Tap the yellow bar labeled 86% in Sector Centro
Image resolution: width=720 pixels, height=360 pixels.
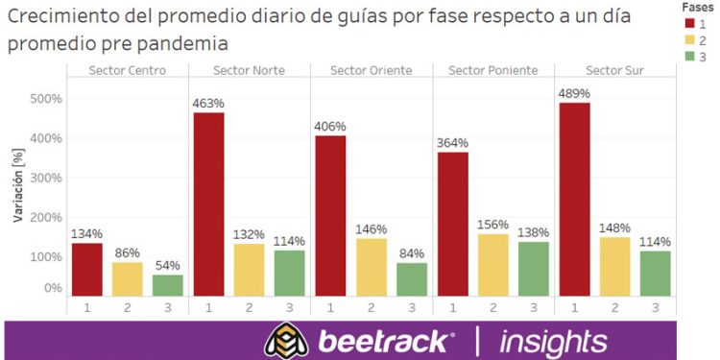127,278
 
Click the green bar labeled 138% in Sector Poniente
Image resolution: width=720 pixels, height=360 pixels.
535,268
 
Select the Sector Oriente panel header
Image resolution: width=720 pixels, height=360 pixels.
371,70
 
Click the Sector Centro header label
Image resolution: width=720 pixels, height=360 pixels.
127,70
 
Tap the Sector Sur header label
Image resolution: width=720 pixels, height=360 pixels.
614,70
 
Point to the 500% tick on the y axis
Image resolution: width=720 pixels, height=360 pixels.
47,99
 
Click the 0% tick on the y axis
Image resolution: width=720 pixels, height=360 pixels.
53,287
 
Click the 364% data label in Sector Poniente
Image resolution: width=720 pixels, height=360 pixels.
453,142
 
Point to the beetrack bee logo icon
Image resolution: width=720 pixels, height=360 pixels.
285,341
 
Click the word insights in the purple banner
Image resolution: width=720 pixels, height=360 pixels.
554,342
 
